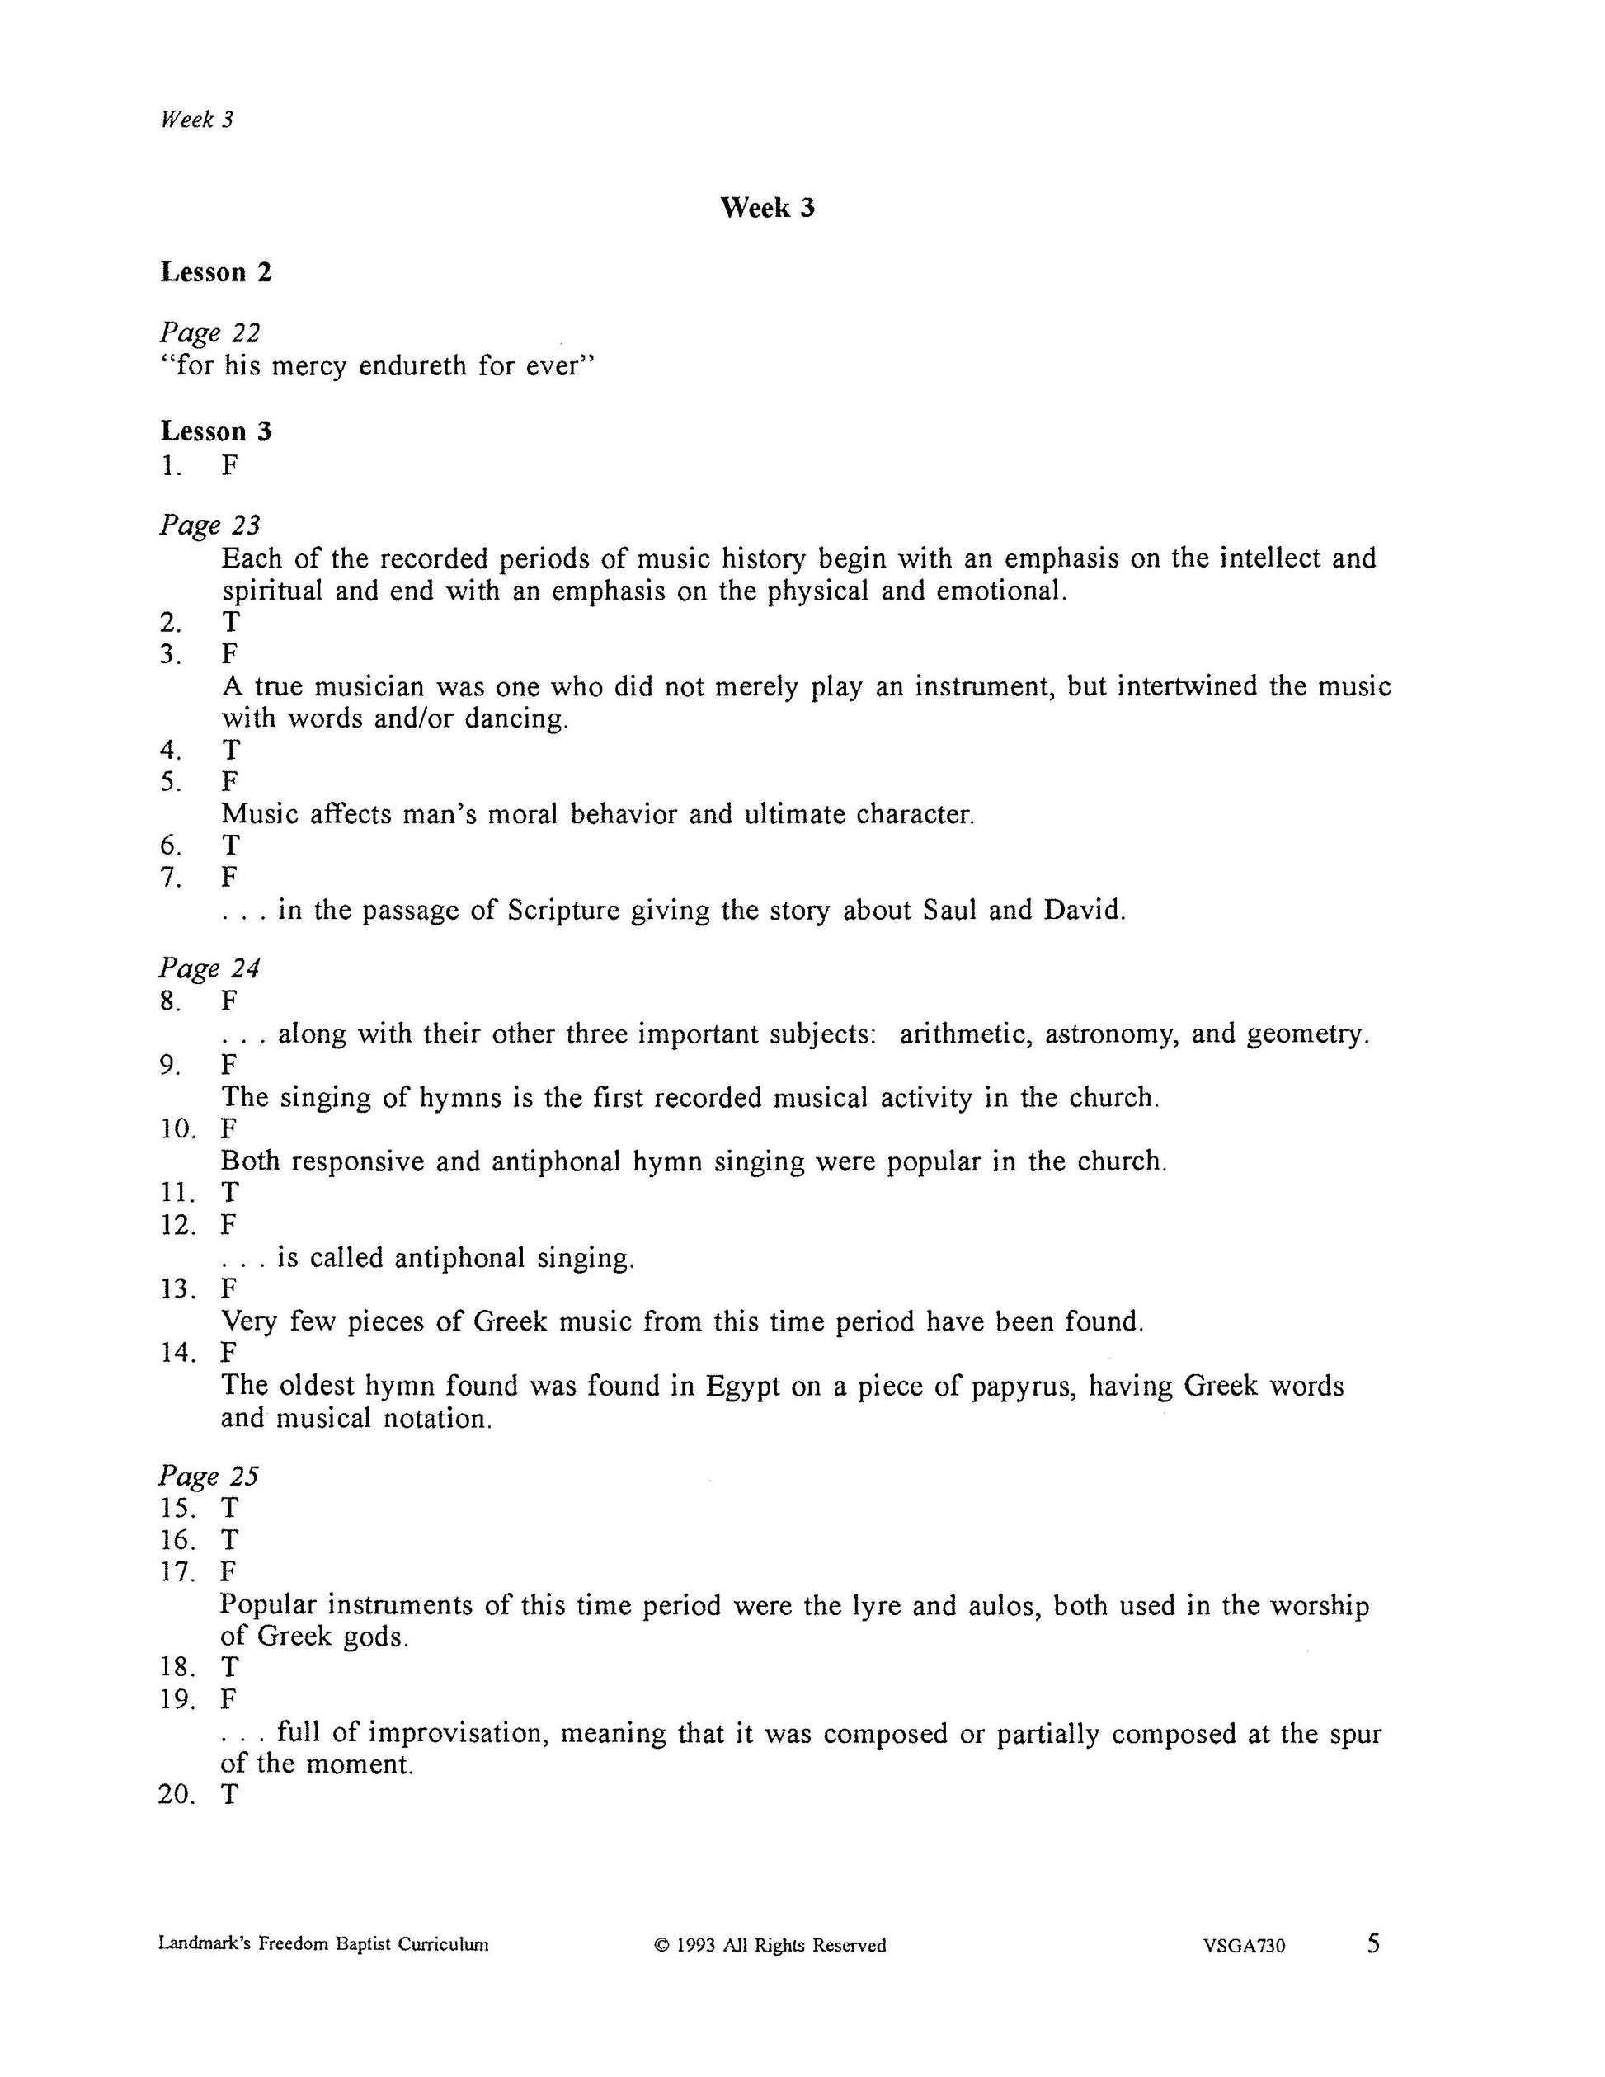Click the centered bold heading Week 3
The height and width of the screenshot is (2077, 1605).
click(x=766, y=207)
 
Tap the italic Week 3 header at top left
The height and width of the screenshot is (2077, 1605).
click(x=197, y=120)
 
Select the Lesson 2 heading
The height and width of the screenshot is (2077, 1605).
click(x=216, y=272)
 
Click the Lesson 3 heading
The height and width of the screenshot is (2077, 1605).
click(x=216, y=431)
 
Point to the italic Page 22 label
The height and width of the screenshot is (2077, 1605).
click(x=209, y=333)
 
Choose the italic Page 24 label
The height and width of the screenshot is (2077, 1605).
click(x=209, y=968)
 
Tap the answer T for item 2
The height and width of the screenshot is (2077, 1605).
click(x=230, y=622)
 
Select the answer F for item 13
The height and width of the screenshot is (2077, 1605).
click(x=229, y=1288)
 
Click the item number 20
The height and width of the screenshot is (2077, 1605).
click(x=177, y=1795)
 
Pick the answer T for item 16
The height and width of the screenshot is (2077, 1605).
click(x=230, y=1540)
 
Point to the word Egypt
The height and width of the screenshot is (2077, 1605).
click(x=741, y=1386)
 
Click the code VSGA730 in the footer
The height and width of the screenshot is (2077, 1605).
click(x=1244, y=1946)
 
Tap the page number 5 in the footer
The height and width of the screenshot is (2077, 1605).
click(x=1373, y=1943)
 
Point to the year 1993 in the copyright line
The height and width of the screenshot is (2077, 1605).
click(x=696, y=1946)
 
